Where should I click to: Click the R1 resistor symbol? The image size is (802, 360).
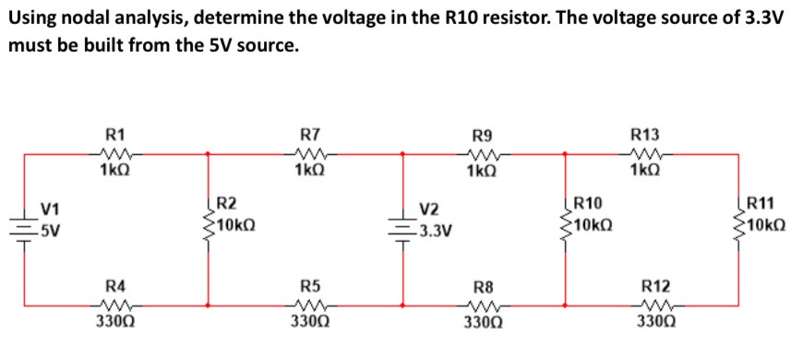tap(114, 154)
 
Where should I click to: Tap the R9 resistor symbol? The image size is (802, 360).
tap(481, 154)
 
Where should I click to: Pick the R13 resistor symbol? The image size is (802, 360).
tap(642, 154)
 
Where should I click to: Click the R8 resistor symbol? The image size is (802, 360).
tap(482, 303)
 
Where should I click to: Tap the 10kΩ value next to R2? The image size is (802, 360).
tap(236, 223)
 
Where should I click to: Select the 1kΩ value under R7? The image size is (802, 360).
tap(308, 171)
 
